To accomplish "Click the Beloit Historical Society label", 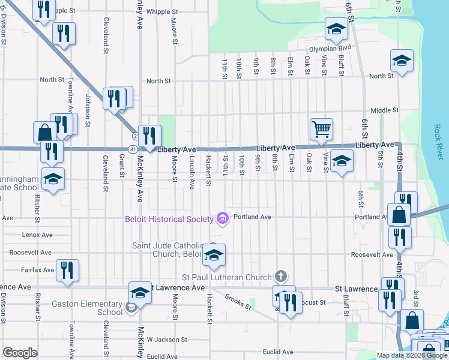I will (169, 218).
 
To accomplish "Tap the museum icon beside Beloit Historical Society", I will (223, 218).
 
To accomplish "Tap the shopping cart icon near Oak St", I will (321, 129).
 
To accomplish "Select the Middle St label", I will (384, 110).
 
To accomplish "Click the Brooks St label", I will (238, 302).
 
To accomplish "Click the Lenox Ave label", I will (38, 235).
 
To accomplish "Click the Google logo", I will (20, 353).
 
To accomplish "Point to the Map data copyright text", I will (413, 355).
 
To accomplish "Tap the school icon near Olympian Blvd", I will (336, 29).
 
